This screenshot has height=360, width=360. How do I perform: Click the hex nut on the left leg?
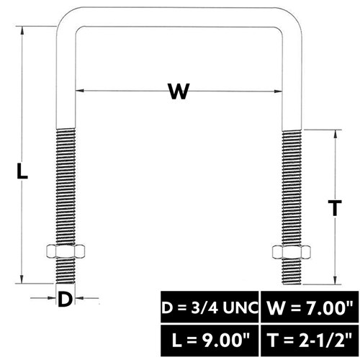[x=66, y=251]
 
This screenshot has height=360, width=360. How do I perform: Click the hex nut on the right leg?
[x=292, y=252]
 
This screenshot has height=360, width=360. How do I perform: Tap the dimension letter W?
[x=179, y=91]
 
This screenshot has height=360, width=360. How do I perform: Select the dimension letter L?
[x=22, y=171]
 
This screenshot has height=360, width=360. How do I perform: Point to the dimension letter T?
[x=335, y=208]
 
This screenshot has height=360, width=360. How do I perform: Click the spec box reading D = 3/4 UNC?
[x=210, y=307]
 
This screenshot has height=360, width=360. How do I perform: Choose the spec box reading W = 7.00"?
[x=310, y=307]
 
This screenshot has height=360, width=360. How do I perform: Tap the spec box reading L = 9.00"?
[x=210, y=341]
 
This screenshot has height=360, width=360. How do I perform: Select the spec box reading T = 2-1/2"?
[x=310, y=341]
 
